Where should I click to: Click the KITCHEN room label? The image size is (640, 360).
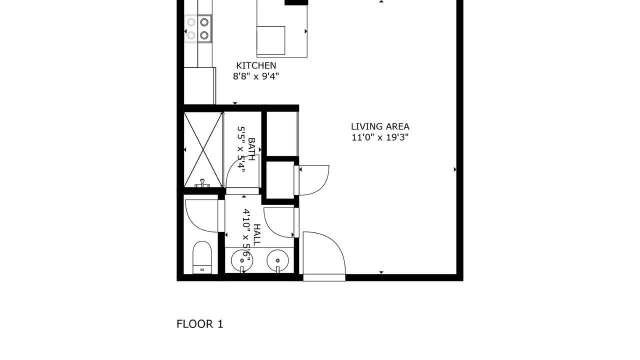[256, 65]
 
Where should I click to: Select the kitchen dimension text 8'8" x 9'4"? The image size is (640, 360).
[256, 76]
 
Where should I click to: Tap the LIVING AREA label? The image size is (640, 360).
[380, 126]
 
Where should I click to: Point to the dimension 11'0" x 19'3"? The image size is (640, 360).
[380, 137]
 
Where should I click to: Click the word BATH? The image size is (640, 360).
[251, 149]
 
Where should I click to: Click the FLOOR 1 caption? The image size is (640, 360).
[199, 324]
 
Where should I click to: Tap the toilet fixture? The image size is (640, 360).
[202, 257]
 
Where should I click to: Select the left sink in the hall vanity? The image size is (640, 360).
[242, 261]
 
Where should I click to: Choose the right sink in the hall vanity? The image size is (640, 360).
[277, 261]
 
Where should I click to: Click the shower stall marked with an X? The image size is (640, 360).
[203, 149]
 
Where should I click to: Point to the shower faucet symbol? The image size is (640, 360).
[202, 183]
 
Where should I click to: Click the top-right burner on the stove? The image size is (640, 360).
[204, 22]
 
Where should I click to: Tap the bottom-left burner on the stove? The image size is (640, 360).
[191, 35]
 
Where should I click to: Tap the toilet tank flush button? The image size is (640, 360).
[202, 269]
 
